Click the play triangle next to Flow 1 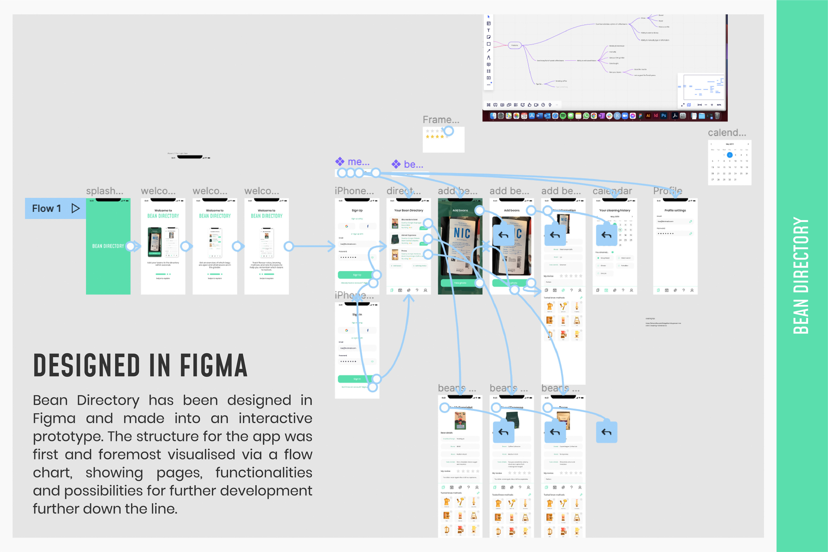tap(75, 209)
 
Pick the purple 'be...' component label tap(413, 164)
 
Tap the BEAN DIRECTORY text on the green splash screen tap(108, 246)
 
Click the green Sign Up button tap(357, 274)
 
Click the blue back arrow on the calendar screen tap(606, 235)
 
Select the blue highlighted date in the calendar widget tap(729, 155)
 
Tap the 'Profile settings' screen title tap(675, 210)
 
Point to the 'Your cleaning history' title tap(615, 210)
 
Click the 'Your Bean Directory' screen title tap(408, 210)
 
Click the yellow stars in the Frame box tap(435, 136)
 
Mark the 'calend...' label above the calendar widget tap(727, 133)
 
